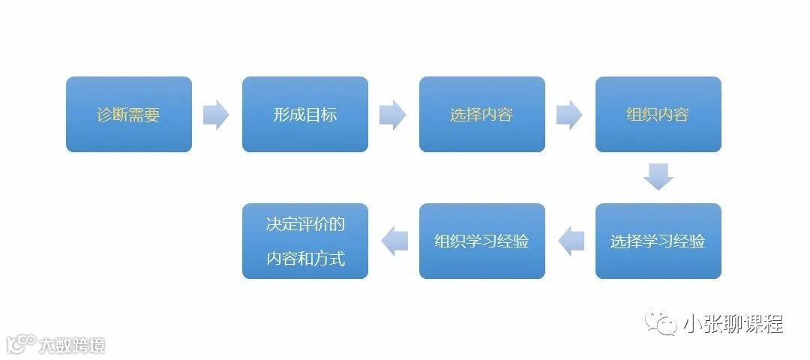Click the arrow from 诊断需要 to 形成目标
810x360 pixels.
click(216, 115)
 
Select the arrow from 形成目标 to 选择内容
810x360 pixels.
click(393, 115)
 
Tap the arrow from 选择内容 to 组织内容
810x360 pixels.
click(569, 115)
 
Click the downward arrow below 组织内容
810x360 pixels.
click(658, 177)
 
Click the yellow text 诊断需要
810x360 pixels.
click(128, 115)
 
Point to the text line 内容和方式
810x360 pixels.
click(305, 259)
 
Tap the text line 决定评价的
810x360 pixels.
click(305, 224)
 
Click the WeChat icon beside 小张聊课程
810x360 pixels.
click(661, 323)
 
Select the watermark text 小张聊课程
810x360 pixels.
click(733, 324)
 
